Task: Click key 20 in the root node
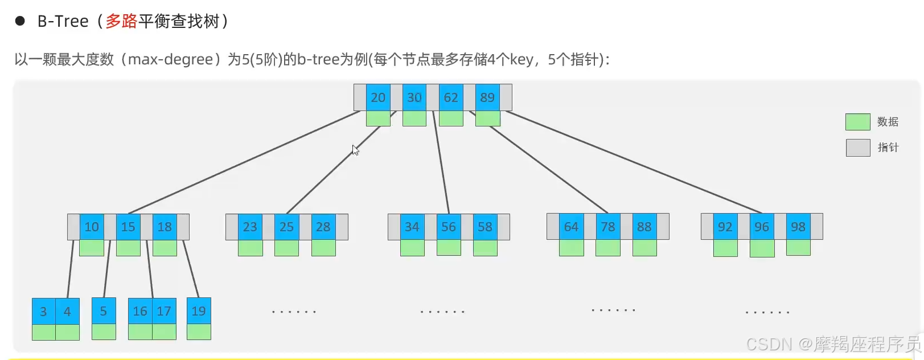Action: pos(378,97)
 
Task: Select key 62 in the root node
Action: pos(451,97)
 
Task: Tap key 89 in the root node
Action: pos(487,97)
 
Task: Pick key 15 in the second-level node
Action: pos(128,227)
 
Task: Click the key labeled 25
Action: pos(286,227)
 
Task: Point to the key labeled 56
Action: pos(449,227)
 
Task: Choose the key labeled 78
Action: pos(608,227)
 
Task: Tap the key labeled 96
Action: pos(762,227)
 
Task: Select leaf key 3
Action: pos(43,312)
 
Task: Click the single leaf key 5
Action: pos(104,311)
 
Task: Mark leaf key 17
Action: pos(164,311)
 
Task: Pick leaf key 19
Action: pos(199,311)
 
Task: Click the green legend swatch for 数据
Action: pos(857,122)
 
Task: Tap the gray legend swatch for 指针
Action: pos(857,148)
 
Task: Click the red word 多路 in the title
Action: pos(121,22)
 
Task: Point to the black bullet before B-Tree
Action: pos(20,22)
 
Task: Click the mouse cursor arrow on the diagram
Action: pos(355,149)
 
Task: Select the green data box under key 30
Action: pos(414,118)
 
